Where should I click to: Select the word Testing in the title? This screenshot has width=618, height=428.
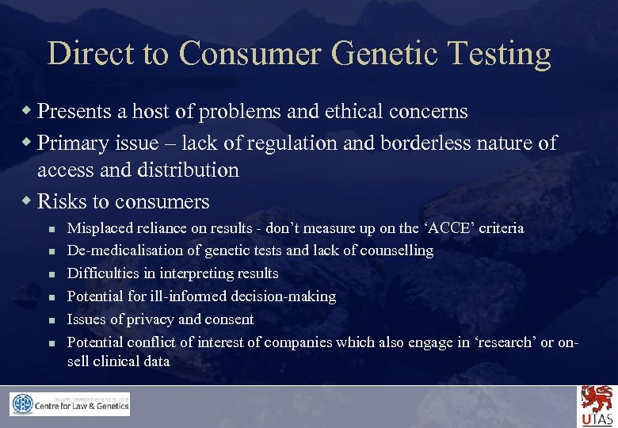coord(499,54)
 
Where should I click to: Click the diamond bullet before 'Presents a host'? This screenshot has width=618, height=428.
coord(29,111)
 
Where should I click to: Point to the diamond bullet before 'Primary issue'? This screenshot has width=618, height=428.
coord(29,143)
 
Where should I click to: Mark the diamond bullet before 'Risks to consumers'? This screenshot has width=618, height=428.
coord(29,201)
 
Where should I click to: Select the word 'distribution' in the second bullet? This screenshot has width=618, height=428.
coord(189,170)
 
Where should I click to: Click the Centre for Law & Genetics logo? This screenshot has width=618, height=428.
coord(70,404)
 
